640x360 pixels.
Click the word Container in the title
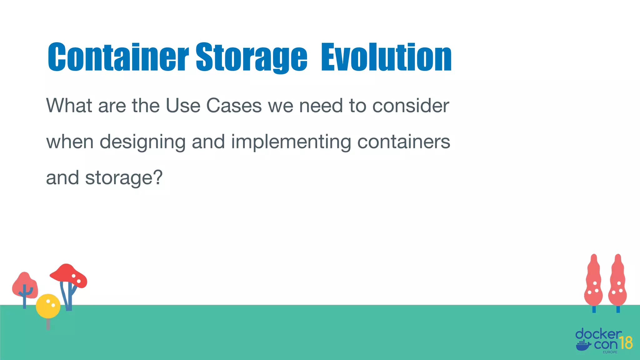pyautogui.click(x=118, y=57)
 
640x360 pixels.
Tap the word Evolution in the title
pyautogui.click(x=386, y=57)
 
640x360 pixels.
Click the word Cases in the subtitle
pyautogui.click(x=234, y=106)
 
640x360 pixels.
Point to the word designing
pyautogui.click(x=142, y=142)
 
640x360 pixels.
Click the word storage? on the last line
pyautogui.click(x=124, y=178)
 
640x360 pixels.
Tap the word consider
pyautogui.click(x=411, y=106)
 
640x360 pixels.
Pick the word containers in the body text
pyautogui.click(x=403, y=142)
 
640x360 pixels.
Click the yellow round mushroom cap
pyautogui.click(x=48, y=306)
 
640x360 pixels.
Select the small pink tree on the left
pyautogui.click(x=25, y=286)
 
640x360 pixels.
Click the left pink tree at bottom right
pyautogui.click(x=594, y=281)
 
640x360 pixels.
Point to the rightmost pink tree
pyautogui.click(x=617, y=281)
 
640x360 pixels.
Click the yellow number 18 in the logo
pyautogui.click(x=626, y=343)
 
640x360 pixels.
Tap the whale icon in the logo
pyautogui.click(x=583, y=346)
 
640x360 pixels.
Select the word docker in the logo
pyautogui.click(x=598, y=334)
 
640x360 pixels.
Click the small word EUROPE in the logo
pyautogui.click(x=610, y=352)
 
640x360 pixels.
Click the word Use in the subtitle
pyautogui.click(x=183, y=106)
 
